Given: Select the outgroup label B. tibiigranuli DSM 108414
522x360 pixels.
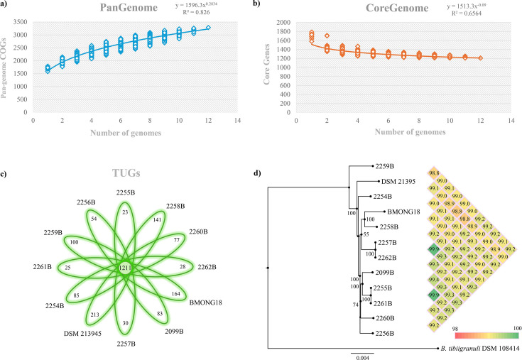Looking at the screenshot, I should pos(479,349).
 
